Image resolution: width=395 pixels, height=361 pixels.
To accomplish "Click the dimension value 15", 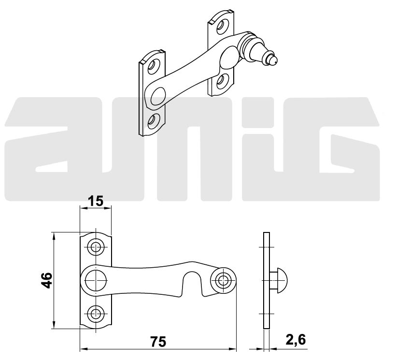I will (96, 201).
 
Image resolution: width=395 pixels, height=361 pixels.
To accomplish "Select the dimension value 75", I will (158, 341).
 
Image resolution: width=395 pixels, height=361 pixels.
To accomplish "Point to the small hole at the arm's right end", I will (223, 280).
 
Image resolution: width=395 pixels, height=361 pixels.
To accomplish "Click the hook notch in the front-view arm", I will (192, 283).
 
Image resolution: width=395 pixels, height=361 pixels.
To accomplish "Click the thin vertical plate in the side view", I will (265, 280).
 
